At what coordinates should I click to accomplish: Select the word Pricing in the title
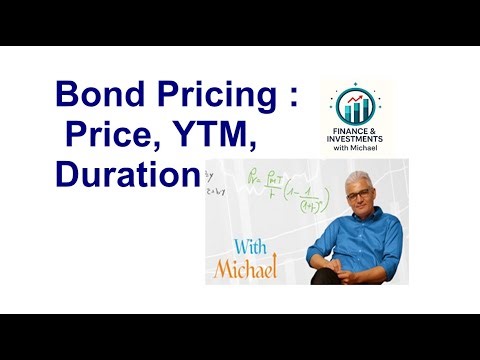tap(210, 96)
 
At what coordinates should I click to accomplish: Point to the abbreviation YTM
tap(218, 135)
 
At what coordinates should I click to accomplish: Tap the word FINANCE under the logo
tap(344, 130)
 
